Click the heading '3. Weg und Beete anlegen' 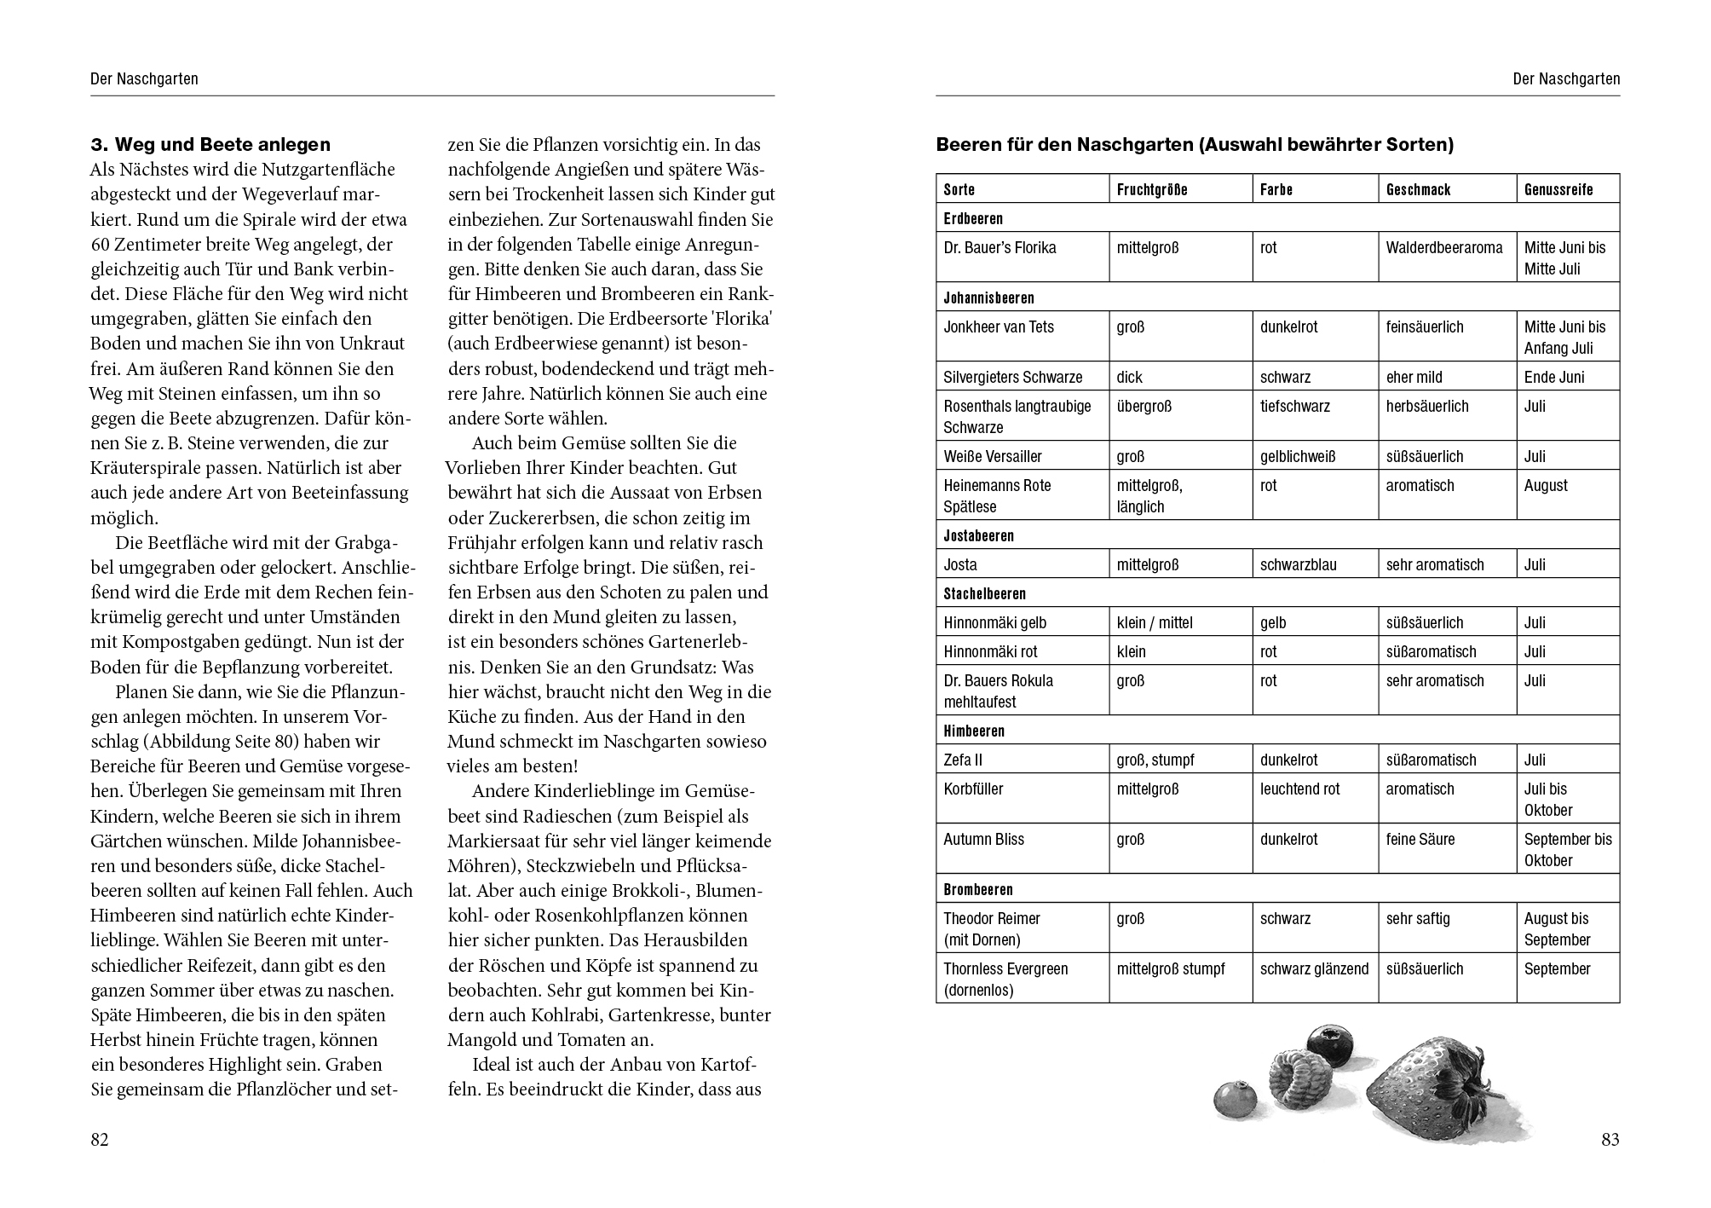pos(210,144)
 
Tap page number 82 pos(100,1140)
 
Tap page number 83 pos(1610,1140)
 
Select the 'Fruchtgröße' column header pos(1151,189)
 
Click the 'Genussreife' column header pos(1558,189)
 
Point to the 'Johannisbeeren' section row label pos(988,298)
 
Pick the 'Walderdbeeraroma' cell pos(1444,248)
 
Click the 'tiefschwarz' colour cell pos(1295,407)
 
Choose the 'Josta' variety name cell pos(960,564)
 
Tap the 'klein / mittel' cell pos(1155,622)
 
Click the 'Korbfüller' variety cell pos(973,789)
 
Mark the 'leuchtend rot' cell pos(1299,789)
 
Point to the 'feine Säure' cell pos(1420,840)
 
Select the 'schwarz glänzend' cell pos(1314,969)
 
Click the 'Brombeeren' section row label pos(978,889)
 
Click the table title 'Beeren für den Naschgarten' pos(1194,144)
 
